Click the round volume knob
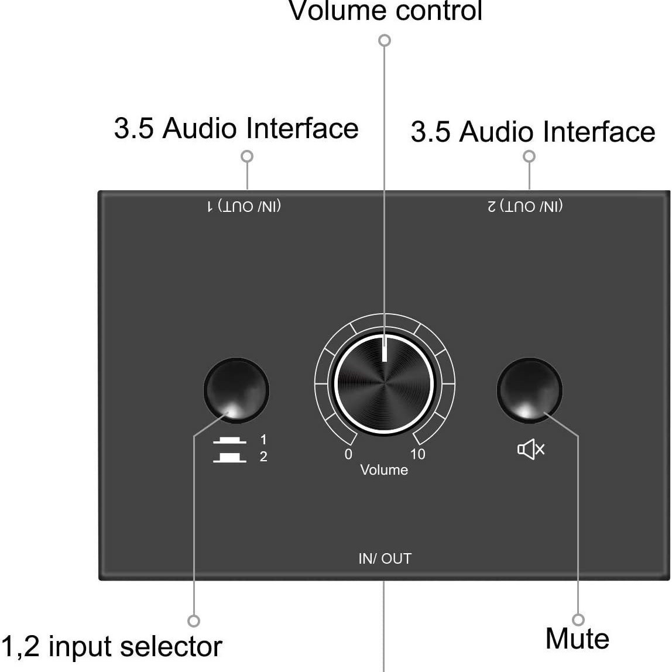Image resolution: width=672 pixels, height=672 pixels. [x=384, y=383]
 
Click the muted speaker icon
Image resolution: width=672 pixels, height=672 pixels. [x=531, y=449]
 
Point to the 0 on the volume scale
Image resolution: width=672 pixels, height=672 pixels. [x=348, y=454]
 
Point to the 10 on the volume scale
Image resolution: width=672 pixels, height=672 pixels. [x=417, y=454]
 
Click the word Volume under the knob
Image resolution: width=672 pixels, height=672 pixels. [x=384, y=470]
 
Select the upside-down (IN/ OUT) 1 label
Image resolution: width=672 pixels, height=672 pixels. [x=244, y=207]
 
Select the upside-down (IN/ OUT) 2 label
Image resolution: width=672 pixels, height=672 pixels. [x=525, y=207]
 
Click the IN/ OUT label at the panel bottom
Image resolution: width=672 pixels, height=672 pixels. [x=385, y=559]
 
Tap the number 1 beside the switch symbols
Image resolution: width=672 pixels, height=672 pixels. [x=263, y=440]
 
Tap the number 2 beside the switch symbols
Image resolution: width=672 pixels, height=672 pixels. [x=263, y=457]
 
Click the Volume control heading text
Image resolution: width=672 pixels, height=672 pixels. [x=385, y=11]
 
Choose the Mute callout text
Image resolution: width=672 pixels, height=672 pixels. [x=577, y=639]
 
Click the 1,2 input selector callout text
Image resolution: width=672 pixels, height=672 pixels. [x=111, y=646]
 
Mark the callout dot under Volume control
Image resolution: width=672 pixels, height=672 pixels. [x=385, y=40]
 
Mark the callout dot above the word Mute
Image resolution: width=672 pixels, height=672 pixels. [x=578, y=620]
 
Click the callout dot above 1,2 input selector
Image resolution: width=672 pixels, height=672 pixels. [x=194, y=620]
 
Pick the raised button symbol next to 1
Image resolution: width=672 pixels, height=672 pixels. [x=229, y=440]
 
